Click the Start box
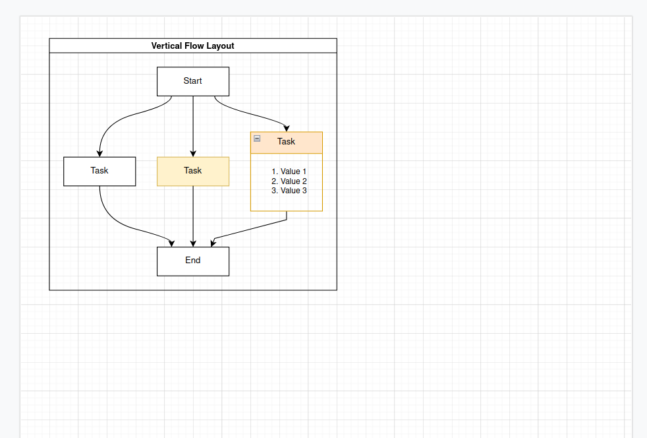193,81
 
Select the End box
193,261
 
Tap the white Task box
99,172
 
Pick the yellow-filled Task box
193,172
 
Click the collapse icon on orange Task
257,139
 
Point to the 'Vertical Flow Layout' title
192,46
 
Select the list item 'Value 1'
289,172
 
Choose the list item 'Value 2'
289,181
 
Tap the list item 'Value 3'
289,191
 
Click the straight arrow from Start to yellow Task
193,122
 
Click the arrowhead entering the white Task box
99,153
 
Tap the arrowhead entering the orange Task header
287,128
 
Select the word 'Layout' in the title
220,46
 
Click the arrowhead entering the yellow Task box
193,153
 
